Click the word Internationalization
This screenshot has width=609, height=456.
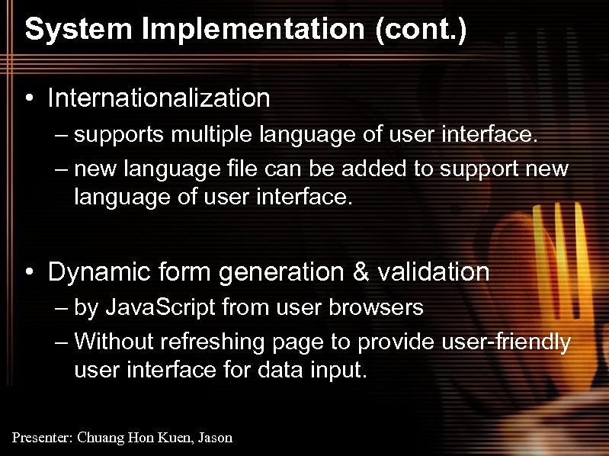pos(159,98)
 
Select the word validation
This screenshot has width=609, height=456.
pos(440,271)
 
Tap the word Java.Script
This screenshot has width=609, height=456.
pos(160,309)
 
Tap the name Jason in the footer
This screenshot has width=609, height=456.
pos(216,438)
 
